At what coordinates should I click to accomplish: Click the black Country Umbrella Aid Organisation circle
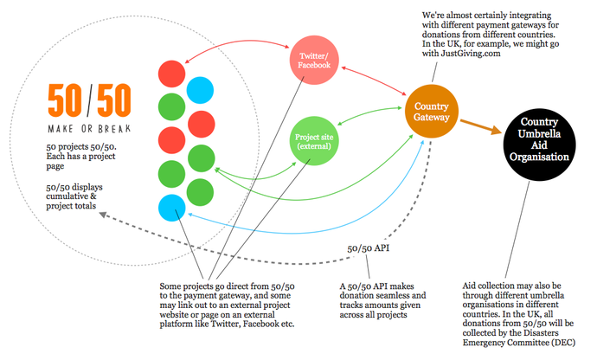pos(538,140)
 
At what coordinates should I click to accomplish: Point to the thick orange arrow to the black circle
pos(483,126)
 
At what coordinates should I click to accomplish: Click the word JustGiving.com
pos(471,53)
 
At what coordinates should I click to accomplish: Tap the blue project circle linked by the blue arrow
pos(170,208)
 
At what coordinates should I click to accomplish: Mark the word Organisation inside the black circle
pos(538,157)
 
